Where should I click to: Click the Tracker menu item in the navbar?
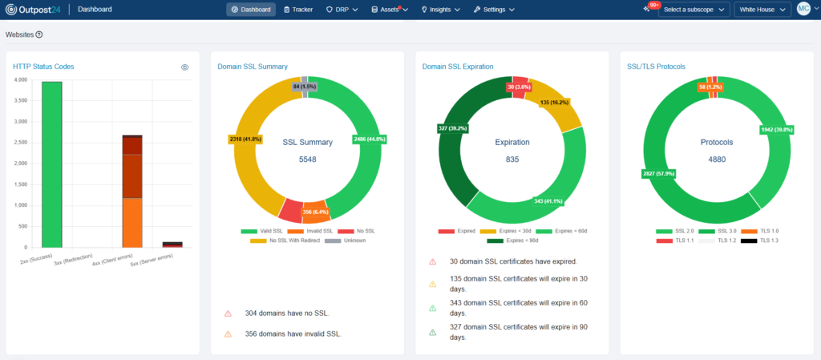(297, 10)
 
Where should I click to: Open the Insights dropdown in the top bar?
(440, 10)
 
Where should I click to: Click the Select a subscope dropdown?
(694, 10)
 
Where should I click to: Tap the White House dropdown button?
(762, 10)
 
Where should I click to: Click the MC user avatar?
(803, 9)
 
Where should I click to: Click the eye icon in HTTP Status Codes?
(184, 67)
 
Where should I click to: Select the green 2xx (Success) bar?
(52, 164)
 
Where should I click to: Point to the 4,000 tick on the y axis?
(21, 80)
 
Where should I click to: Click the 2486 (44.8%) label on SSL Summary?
(370, 140)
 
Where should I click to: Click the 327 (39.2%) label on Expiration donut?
(452, 128)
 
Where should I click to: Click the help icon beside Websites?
(39, 34)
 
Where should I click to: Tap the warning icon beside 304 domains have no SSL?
(228, 313)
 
